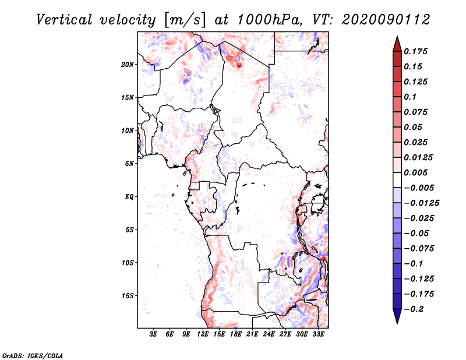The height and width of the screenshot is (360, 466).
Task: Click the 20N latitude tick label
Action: coord(128,64)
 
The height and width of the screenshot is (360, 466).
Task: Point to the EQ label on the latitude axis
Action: coord(129,197)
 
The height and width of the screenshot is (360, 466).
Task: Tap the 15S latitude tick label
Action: coord(128,296)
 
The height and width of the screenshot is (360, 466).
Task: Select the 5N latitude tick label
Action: coord(129,164)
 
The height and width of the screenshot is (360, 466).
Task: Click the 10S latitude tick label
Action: coord(128,263)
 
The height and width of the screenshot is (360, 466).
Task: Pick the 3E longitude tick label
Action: coord(154,334)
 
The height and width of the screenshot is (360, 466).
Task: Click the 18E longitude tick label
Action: coord(236,334)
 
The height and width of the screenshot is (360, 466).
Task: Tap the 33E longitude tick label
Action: coord(319,334)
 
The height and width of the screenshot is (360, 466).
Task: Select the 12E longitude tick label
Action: coord(203,334)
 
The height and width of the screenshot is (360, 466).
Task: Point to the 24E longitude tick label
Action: coord(269,334)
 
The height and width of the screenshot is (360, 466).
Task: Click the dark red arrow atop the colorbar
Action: coord(396,42)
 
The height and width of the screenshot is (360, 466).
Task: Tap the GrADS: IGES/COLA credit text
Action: coord(25,355)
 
